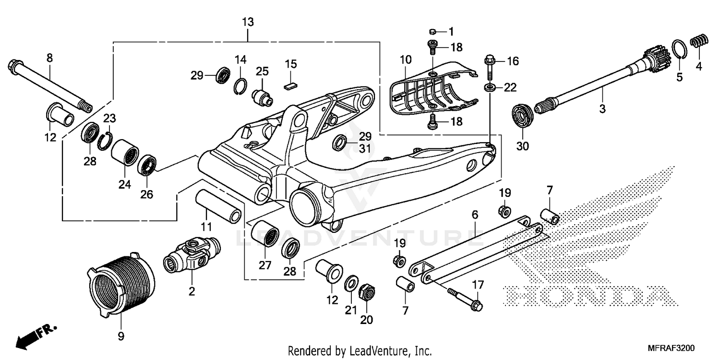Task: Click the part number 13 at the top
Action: click(x=248, y=22)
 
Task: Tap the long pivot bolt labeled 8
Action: click(x=48, y=84)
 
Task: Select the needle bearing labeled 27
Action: click(x=265, y=233)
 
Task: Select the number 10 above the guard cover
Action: click(x=406, y=60)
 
